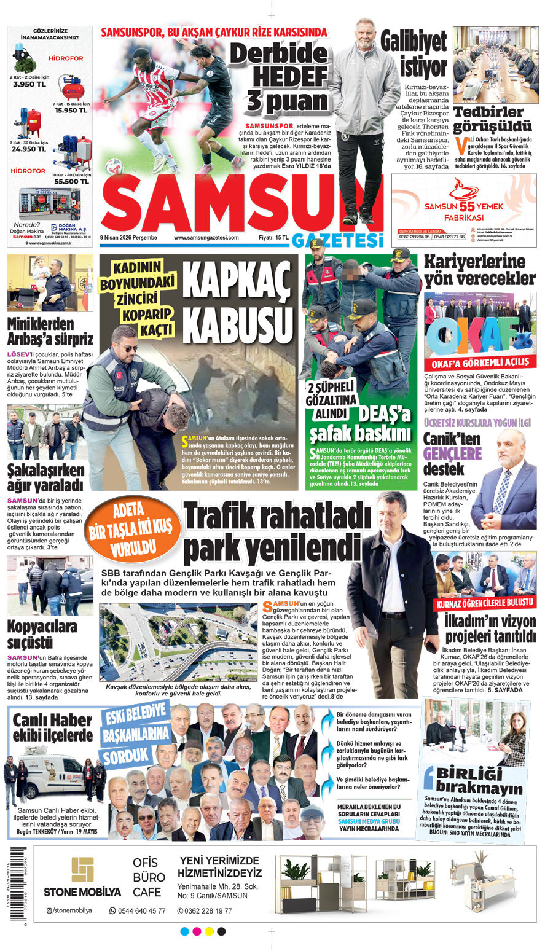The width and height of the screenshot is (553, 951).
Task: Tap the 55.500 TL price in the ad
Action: pyautogui.click(x=71, y=181)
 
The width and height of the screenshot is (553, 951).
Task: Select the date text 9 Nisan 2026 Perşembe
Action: pyautogui.click(x=128, y=238)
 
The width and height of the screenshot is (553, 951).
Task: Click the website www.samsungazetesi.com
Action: pyautogui.click(x=206, y=238)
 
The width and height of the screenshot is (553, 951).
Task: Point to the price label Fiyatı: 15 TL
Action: pyautogui.click(x=273, y=238)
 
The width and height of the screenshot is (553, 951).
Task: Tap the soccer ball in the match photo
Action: pyautogui.click(x=114, y=166)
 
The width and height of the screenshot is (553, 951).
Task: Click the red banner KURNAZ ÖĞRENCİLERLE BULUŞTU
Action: pyautogui.click(x=485, y=603)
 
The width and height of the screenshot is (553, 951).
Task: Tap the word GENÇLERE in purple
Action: pyautogui.click(x=452, y=453)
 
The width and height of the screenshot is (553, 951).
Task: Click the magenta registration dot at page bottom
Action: pyautogui.click(x=197, y=931)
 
